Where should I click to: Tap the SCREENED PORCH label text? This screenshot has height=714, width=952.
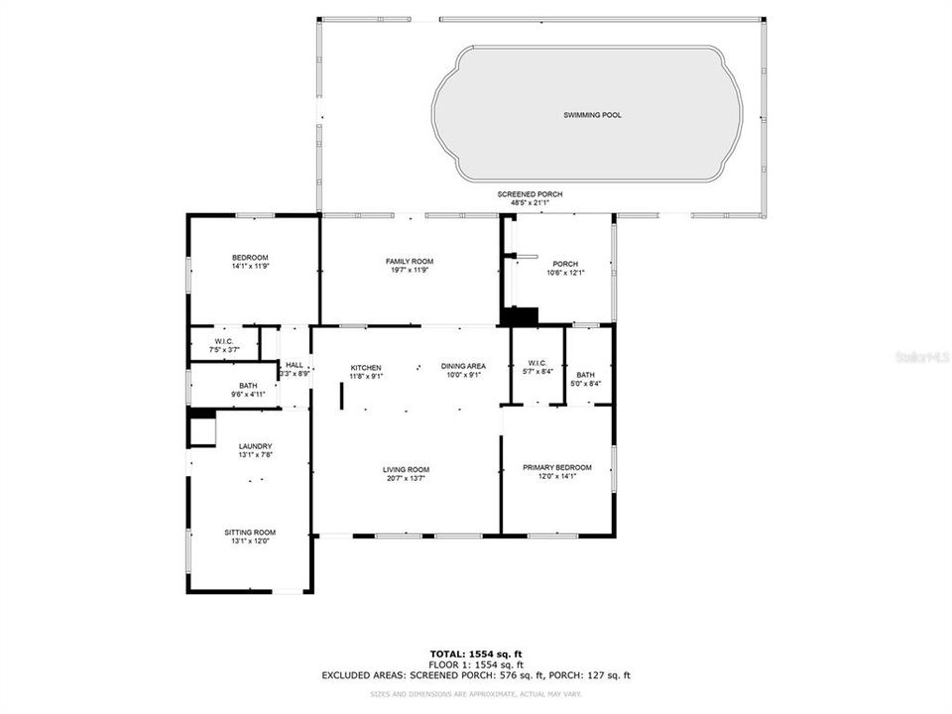tap(530, 194)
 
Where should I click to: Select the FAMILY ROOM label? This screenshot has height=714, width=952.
tap(410, 262)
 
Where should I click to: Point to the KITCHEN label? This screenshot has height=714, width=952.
tap(365, 367)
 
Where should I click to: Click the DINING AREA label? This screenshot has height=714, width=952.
tap(463, 367)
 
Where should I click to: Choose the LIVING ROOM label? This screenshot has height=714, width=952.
tap(407, 469)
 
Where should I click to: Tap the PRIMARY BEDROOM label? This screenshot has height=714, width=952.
tap(557, 467)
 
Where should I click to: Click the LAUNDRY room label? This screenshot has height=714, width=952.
tap(255, 446)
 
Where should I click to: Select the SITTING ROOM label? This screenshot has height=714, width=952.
tap(250, 533)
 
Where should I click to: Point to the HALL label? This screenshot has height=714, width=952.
tap(295, 365)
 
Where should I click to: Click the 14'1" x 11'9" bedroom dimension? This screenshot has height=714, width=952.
tap(250, 266)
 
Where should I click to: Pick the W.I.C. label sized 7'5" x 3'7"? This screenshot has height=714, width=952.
tap(224, 342)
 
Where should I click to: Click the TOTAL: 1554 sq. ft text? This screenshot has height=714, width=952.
tap(475, 654)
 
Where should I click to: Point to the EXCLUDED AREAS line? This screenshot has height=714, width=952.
tap(475, 675)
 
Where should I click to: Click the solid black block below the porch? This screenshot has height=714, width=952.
tap(519, 316)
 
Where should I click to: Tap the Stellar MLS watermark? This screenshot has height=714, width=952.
tap(921, 355)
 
